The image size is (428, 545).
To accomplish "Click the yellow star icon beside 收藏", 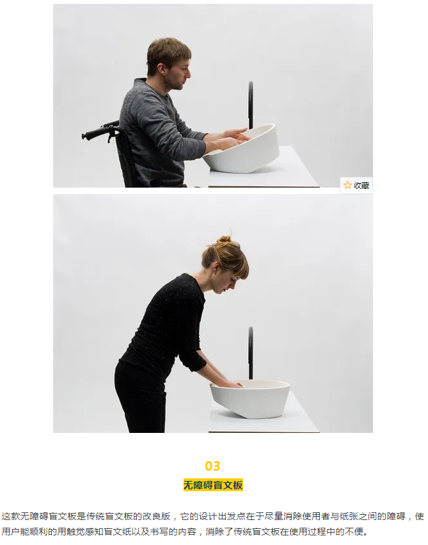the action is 347,185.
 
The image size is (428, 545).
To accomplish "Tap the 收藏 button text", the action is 361,186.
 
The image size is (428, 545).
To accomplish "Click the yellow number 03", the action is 212,466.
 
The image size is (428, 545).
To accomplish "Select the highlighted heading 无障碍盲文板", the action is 213,485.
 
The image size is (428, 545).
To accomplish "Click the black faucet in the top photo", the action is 250,105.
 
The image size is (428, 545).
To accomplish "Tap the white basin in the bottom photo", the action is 251,399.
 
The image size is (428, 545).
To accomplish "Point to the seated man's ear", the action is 161,68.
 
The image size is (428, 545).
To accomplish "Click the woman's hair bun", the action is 225,239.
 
